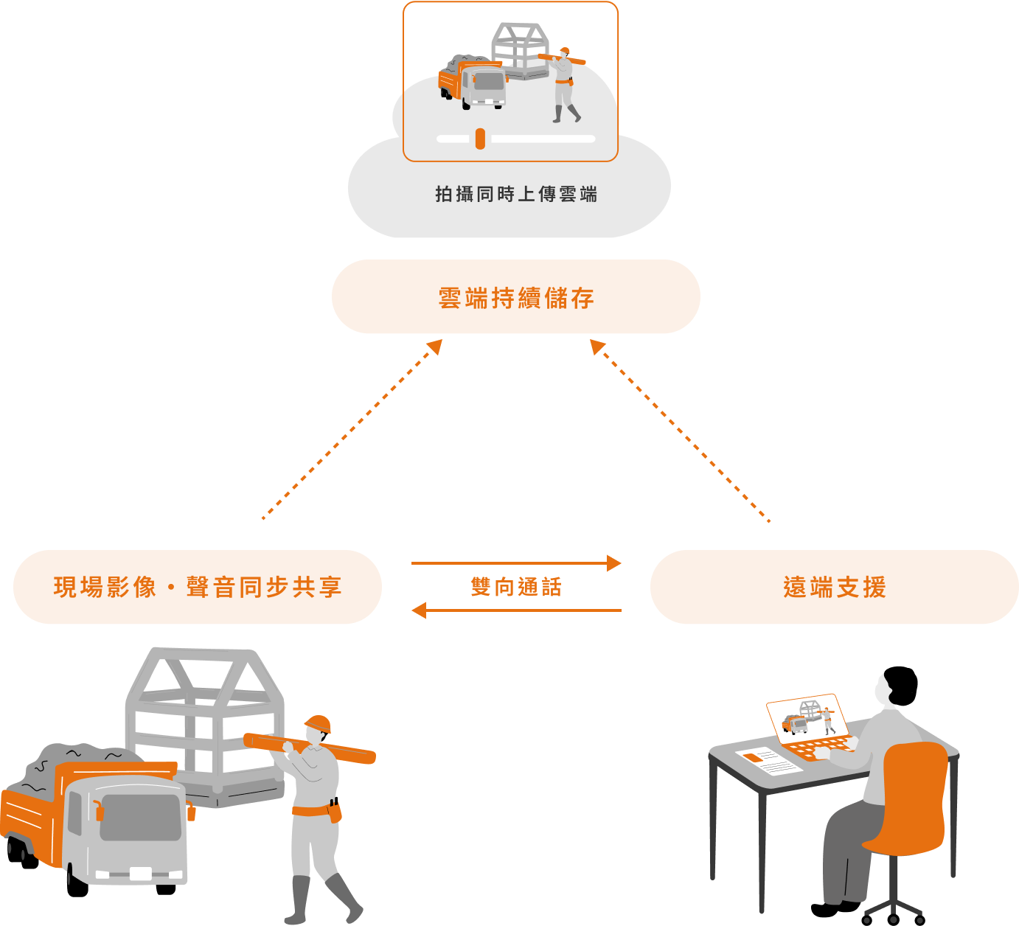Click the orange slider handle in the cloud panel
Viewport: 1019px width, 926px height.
coord(480,139)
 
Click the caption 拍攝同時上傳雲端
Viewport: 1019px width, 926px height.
coord(515,194)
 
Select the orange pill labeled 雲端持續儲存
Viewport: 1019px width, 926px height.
coord(515,296)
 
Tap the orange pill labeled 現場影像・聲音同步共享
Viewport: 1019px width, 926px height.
coord(198,587)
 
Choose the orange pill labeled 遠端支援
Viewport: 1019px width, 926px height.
coord(834,587)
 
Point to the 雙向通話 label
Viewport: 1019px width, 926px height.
coord(516,587)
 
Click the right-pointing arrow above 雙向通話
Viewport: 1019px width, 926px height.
coord(516,563)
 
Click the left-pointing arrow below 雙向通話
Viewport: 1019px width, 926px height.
coord(516,610)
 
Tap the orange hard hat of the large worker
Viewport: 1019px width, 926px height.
coord(319,723)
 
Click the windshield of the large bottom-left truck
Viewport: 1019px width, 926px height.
coord(140,817)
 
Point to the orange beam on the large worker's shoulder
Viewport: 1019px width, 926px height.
coord(310,746)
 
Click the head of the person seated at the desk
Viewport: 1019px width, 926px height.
coord(884,690)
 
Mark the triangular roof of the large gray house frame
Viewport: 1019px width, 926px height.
coord(203,675)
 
